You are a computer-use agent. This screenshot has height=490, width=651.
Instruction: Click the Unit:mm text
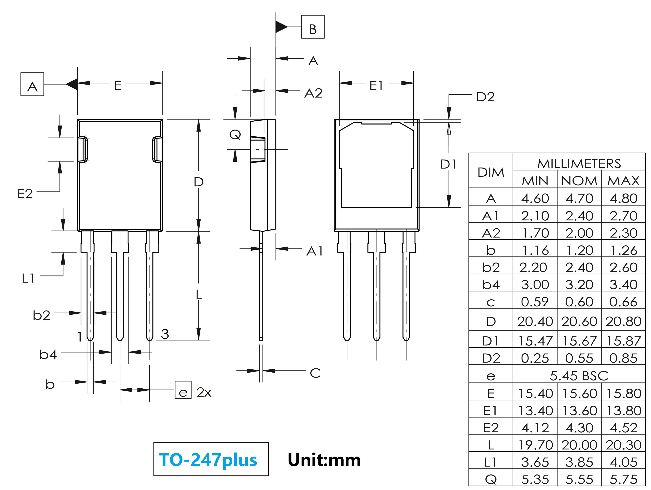[324, 460]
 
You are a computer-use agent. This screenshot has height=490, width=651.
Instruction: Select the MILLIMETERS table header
[579, 164]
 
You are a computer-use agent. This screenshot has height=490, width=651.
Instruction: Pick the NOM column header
[579, 181]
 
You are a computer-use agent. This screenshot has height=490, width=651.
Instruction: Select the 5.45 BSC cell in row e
[579, 376]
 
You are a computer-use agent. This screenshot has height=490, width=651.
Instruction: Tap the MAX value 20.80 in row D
[623, 321]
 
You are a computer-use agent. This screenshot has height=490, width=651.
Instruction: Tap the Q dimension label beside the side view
[235, 135]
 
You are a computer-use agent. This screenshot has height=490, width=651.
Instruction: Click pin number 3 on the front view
[165, 334]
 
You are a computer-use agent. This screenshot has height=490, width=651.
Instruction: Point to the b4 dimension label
[48, 355]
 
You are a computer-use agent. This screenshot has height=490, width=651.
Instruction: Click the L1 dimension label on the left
[28, 278]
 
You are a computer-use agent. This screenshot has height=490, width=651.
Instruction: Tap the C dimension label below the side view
[315, 373]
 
